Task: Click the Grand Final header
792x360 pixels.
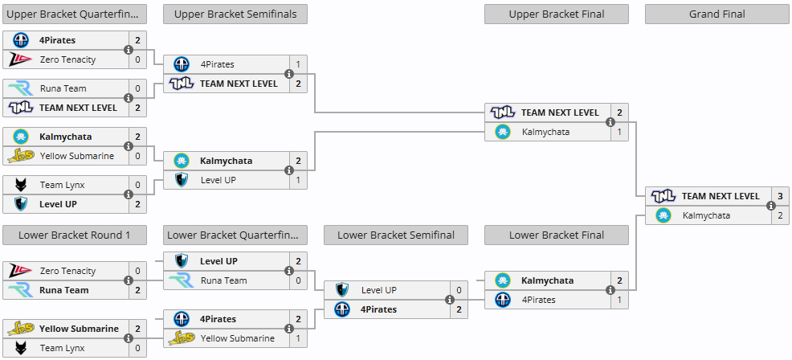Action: coord(716,14)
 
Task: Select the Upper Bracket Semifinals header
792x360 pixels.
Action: coord(235,14)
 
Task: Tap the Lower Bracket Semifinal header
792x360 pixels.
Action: coord(395,235)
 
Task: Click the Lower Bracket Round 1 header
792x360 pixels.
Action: coord(74,235)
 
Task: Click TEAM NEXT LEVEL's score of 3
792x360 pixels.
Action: coord(780,196)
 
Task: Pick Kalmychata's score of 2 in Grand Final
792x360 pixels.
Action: coord(780,215)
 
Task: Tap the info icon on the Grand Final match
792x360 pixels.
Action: coord(771,206)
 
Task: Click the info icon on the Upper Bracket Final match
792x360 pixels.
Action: coord(610,122)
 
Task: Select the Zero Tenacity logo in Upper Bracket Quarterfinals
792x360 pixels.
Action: coord(20,59)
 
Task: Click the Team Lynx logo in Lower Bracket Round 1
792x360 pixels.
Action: coord(20,348)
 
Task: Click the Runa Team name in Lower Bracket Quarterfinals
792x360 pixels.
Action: coord(224,280)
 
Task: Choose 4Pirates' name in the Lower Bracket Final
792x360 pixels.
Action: coord(538,300)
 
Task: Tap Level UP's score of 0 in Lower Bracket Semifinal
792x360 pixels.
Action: coord(459,290)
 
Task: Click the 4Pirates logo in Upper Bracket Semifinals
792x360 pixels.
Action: coord(182,64)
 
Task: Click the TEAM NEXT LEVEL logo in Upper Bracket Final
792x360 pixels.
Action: coord(503,112)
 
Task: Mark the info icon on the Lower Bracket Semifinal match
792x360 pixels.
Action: coord(450,300)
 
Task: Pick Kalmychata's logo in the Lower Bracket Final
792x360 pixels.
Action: coord(503,280)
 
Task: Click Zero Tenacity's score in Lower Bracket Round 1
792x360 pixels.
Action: coord(137,271)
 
